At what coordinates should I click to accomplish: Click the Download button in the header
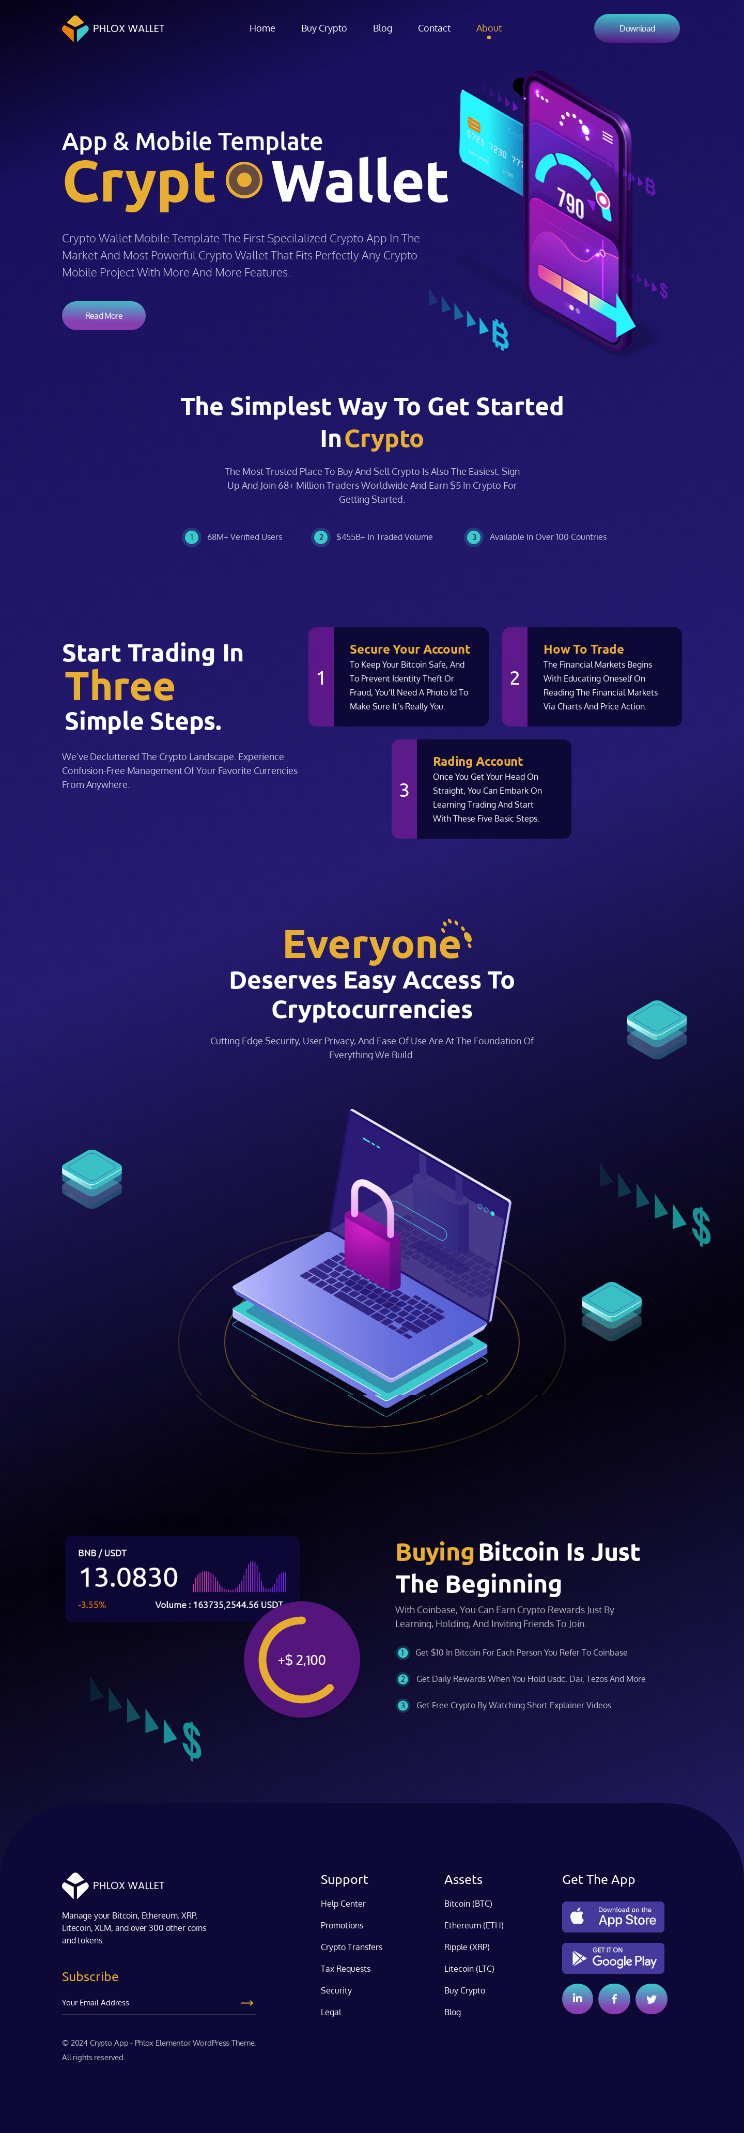tap(637, 28)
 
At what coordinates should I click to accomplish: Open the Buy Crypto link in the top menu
tap(323, 28)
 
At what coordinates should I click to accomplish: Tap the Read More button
tap(103, 316)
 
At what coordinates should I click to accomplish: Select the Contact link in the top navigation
tap(433, 28)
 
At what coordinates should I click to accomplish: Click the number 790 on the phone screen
tap(570, 201)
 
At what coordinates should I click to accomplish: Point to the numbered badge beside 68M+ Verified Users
tap(191, 537)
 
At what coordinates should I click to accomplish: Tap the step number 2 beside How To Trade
tap(515, 678)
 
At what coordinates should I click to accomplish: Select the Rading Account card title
tap(477, 761)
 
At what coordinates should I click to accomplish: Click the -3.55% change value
tap(92, 1605)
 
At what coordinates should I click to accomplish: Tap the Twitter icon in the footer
tap(652, 1999)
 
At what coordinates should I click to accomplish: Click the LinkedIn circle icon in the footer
tap(578, 1999)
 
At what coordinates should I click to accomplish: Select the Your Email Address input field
tap(149, 2003)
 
